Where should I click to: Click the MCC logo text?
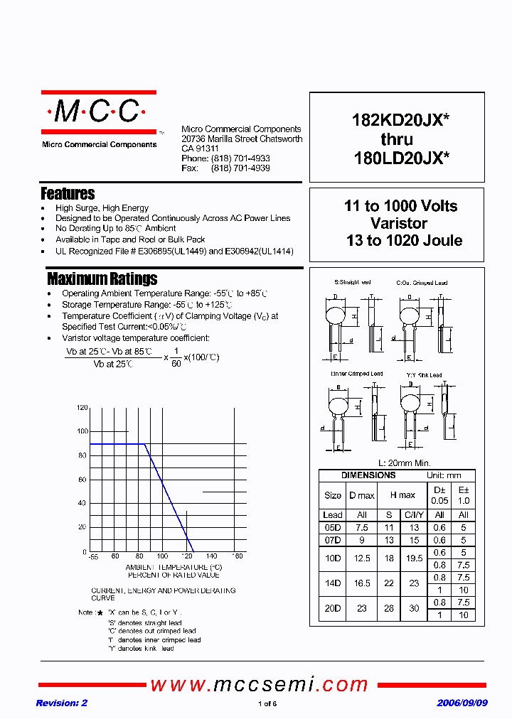[97, 112]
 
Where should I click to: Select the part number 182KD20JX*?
[400, 121]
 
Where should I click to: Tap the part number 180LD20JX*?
[401, 158]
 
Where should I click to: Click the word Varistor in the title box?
[400, 223]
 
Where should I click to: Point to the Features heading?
[68, 193]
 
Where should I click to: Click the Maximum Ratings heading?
[102, 279]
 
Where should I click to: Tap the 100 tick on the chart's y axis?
[82, 431]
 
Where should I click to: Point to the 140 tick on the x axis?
[210, 556]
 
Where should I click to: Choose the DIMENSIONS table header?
[368, 475]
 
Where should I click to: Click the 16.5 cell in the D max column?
[361, 583]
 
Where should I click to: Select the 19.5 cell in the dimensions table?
[413, 558]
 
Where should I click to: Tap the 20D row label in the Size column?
[332, 608]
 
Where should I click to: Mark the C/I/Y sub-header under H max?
[413, 515]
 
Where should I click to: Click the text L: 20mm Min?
[400, 463]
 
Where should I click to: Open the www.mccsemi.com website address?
[259, 685]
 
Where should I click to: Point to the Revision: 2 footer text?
[61, 703]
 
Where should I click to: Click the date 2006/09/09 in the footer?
[462, 703]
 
